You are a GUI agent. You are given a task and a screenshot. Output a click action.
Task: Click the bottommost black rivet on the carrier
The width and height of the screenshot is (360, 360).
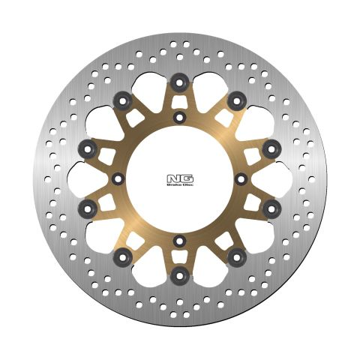(179, 278)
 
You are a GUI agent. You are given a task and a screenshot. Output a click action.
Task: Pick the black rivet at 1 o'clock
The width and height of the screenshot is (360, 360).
(238, 99)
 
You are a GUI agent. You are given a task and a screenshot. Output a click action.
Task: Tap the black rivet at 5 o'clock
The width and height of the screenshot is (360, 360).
(238, 259)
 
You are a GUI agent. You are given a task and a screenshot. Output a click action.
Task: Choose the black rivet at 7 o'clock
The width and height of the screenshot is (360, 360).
(121, 259)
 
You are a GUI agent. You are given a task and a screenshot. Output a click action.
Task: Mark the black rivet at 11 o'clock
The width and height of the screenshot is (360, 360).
(121, 99)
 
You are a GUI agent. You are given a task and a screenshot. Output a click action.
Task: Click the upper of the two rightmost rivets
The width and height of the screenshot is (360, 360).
(272, 147)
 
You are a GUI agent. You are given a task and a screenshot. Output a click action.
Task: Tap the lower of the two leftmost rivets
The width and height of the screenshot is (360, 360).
(88, 206)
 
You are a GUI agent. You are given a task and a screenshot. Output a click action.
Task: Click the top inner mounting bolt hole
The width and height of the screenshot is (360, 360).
(179, 117)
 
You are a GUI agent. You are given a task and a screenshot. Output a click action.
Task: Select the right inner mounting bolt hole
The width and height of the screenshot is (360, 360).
(241, 178)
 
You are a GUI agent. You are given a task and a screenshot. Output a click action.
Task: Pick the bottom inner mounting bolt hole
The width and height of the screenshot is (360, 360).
(179, 240)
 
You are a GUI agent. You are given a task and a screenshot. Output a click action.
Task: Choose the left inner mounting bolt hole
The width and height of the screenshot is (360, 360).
(118, 178)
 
